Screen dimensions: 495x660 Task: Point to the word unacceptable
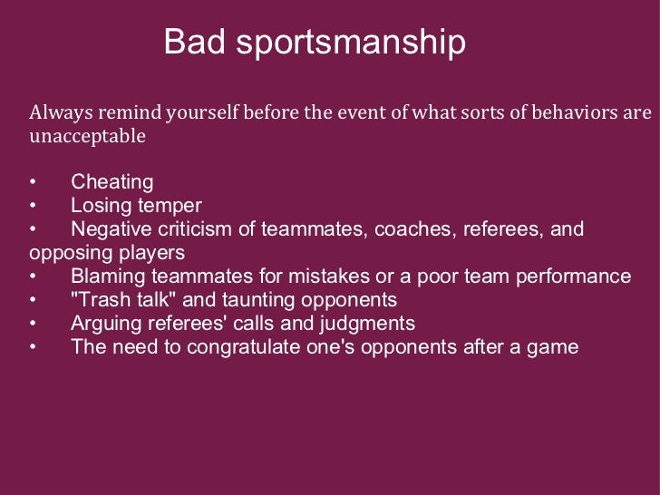tap(87, 138)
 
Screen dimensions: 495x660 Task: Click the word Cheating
tap(112, 183)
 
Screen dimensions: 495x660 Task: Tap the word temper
tap(171, 206)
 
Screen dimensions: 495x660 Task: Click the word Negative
tap(108, 229)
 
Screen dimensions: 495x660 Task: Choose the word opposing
tap(66, 253)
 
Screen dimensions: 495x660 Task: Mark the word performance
tap(579, 277)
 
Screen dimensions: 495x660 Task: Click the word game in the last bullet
tap(555, 347)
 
